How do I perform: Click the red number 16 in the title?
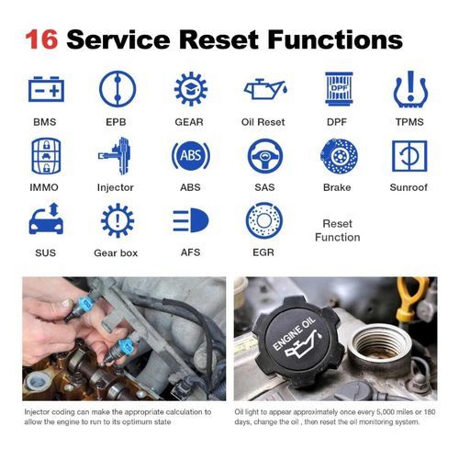coord(41,39)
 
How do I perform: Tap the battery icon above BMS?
coord(46,89)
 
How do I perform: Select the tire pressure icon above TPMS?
coord(410,89)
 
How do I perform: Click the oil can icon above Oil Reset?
coord(265,89)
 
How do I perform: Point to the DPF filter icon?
coord(339,89)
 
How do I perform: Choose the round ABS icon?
coord(191,156)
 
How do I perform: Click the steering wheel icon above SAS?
coord(265,156)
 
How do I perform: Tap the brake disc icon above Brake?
coord(339,156)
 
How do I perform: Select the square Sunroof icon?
coord(409,156)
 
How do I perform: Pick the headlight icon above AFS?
coord(191,220)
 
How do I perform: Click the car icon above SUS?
coord(46,218)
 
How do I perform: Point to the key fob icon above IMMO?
coord(46,156)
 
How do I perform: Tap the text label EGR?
coord(263,252)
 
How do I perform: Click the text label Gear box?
coord(116,253)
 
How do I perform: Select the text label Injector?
coord(116,187)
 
